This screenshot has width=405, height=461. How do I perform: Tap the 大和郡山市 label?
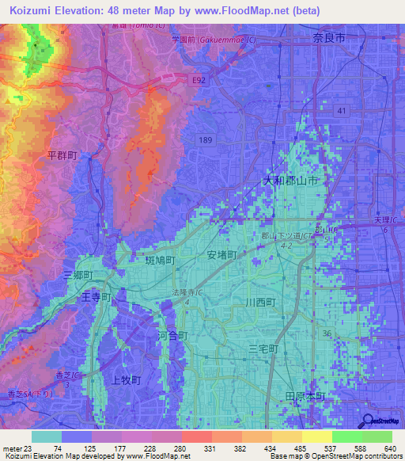[291, 181]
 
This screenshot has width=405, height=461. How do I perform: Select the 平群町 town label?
[62, 156]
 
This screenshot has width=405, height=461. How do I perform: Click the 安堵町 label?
[222, 255]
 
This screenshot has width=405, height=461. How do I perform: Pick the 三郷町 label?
[78, 275]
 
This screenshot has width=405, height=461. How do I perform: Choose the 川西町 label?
[259, 303]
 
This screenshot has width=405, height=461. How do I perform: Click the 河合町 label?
[173, 336]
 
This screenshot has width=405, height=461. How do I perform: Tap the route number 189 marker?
[206, 139]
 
